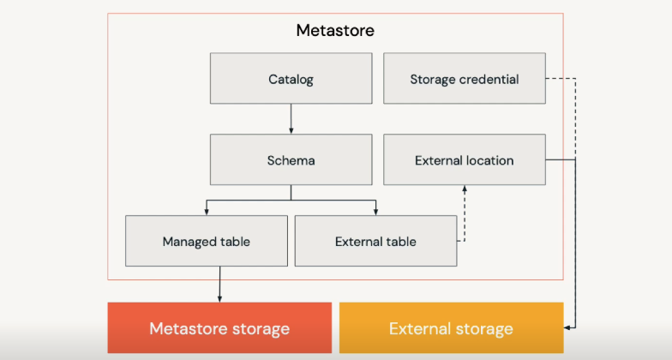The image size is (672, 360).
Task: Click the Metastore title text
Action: (334, 30)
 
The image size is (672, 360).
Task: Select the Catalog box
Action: (291, 79)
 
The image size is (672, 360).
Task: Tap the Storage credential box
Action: (464, 79)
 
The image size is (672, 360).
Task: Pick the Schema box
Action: (291, 159)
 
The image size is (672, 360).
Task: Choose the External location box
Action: (464, 159)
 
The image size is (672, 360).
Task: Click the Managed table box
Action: (206, 241)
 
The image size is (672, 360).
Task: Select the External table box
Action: (375, 241)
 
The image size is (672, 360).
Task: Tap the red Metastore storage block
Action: (219, 328)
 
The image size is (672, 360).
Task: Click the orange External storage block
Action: (451, 328)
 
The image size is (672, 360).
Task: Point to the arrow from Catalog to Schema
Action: (291, 118)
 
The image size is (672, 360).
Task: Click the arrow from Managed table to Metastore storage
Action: (219, 283)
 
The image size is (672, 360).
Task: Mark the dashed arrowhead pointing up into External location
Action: (465, 189)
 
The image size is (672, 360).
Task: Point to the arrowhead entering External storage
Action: (567, 327)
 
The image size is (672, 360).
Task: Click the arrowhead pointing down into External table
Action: (375, 211)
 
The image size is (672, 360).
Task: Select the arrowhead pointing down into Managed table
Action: (206, 211)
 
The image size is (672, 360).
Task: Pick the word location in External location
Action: (490, 160)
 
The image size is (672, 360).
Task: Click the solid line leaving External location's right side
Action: (560, 159)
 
